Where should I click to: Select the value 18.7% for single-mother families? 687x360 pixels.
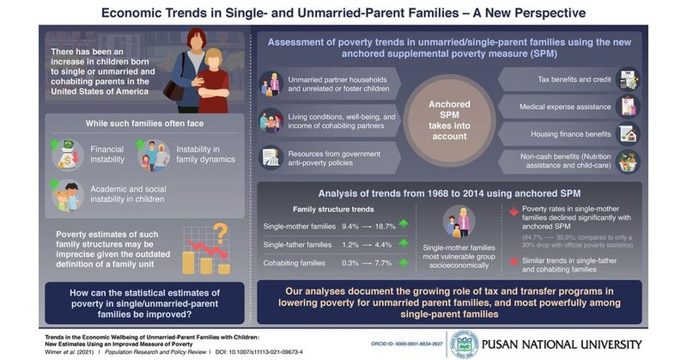pyautogui.click(x=385, y=224)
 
